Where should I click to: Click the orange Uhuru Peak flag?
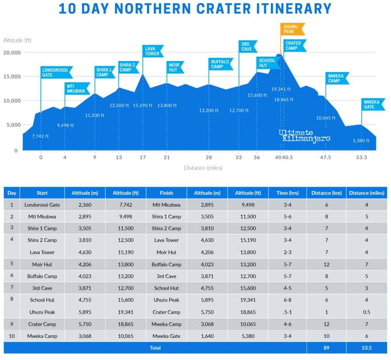pos(292,29)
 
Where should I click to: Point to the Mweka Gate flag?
pos(373,104)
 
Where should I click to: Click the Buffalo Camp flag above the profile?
pos(220,64)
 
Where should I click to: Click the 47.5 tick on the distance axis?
pos(326,157)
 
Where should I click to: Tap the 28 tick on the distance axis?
pos(208,157)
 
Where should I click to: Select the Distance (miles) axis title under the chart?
pos(203,168)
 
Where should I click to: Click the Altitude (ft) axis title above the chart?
pos(17,40)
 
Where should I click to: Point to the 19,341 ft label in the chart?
pos(281,89)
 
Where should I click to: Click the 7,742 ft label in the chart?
pos(40,136)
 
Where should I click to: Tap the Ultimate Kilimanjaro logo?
pos(304,135)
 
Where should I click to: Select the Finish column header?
pos(166,193)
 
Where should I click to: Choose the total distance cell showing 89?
pos(326,348)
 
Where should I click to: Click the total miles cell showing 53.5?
pos(367,348)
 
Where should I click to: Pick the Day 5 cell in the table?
pos(11,264)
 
